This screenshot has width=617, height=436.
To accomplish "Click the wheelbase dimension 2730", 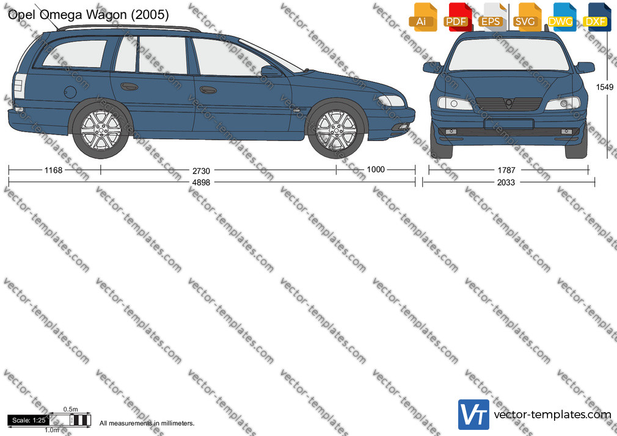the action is pos(201,171).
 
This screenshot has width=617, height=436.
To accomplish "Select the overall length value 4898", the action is pos(201,182).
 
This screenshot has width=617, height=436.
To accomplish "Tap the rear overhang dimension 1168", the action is pos(53,170).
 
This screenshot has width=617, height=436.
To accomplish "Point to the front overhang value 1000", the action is pos(376,169).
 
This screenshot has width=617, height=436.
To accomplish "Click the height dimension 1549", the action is pos(605,87).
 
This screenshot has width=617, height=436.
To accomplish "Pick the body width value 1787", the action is pos(506,170).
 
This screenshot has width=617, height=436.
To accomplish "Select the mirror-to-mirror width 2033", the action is pos(506,182).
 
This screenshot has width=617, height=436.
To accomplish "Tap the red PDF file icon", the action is pos(458,17).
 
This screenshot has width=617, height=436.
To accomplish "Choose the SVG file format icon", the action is pos(527,17).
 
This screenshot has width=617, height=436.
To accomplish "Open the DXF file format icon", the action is pos(597,17).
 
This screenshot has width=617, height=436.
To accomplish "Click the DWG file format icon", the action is pos(562,17).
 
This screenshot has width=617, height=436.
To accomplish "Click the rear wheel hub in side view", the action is pos(101,129).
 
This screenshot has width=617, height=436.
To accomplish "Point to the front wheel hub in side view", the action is pos(336,129).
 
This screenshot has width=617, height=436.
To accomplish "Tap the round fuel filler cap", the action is pos(70,92).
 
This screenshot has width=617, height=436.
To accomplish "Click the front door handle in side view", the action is pos(208,90).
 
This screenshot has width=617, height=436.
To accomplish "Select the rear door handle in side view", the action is pos(129,87).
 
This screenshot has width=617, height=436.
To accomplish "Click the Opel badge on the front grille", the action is pos(509,103).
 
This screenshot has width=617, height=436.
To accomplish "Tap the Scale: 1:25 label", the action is pos(29,420).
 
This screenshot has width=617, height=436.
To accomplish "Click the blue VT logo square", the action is pos(474,415).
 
